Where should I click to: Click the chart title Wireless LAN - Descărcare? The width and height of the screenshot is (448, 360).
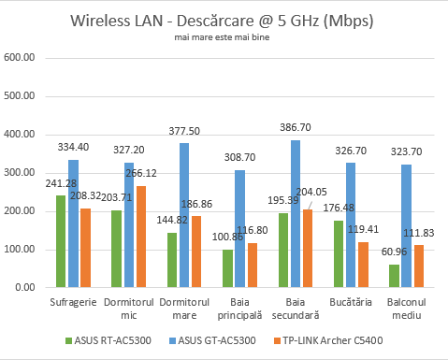224,22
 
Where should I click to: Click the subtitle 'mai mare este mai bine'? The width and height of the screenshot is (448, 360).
224,38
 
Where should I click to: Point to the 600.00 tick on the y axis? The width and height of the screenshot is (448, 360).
20,58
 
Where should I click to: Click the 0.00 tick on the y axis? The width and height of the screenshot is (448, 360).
23,288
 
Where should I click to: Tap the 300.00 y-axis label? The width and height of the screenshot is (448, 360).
20,173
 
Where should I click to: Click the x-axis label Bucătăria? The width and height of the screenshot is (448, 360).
351,302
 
